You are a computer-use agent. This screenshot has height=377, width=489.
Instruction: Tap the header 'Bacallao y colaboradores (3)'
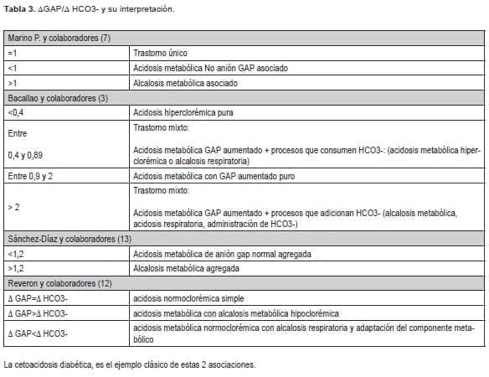coord(57,98)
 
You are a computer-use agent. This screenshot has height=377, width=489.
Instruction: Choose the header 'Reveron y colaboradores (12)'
coord(55,283)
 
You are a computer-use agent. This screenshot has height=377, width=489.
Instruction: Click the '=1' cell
coord(12,54)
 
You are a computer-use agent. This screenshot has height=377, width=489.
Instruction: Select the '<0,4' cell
coord(15,112)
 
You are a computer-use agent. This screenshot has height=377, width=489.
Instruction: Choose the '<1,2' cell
coord(15,255)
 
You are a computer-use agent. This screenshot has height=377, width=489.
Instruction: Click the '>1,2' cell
coord(15,269)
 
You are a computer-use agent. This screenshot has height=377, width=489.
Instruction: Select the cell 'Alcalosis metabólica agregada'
coord(187,269)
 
